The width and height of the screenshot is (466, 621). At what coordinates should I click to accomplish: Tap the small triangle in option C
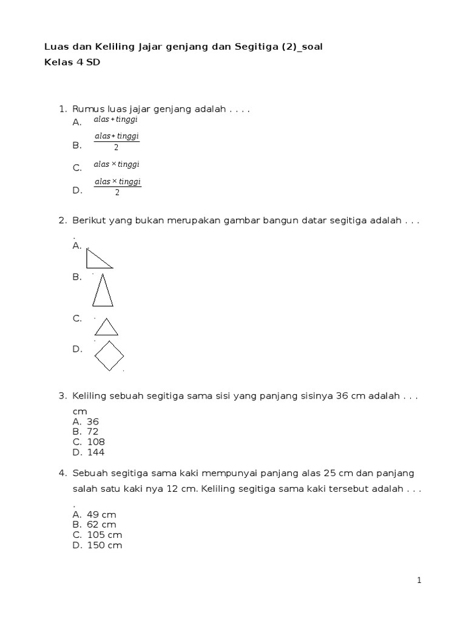[106, 327]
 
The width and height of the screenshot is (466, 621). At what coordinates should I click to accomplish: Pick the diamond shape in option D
[110, 355]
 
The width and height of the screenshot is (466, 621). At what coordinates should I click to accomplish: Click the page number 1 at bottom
[419, 580]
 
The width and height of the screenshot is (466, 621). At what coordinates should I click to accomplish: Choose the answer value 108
[96, 442]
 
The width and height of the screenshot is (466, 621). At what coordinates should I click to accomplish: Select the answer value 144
[96, 452]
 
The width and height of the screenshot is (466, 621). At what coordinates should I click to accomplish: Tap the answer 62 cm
[101, 525]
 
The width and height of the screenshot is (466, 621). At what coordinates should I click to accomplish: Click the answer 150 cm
[104, 545]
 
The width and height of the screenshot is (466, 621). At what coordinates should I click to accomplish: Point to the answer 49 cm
[101, 514]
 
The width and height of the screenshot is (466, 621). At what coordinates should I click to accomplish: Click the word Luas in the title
[56, 47]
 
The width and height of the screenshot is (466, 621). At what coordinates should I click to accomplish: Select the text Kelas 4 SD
[72, 62]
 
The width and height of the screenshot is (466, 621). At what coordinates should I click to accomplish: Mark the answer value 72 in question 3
[93, 432]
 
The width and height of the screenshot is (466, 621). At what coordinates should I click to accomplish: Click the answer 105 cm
[104, 535]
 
